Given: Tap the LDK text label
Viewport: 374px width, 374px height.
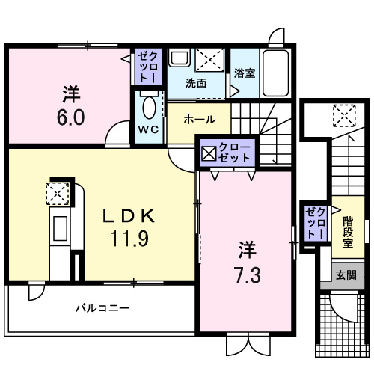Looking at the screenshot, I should point(128,217).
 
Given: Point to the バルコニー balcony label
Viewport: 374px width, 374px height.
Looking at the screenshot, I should point(102,307).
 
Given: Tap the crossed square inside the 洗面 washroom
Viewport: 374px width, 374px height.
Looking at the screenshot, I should point(206,60).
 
